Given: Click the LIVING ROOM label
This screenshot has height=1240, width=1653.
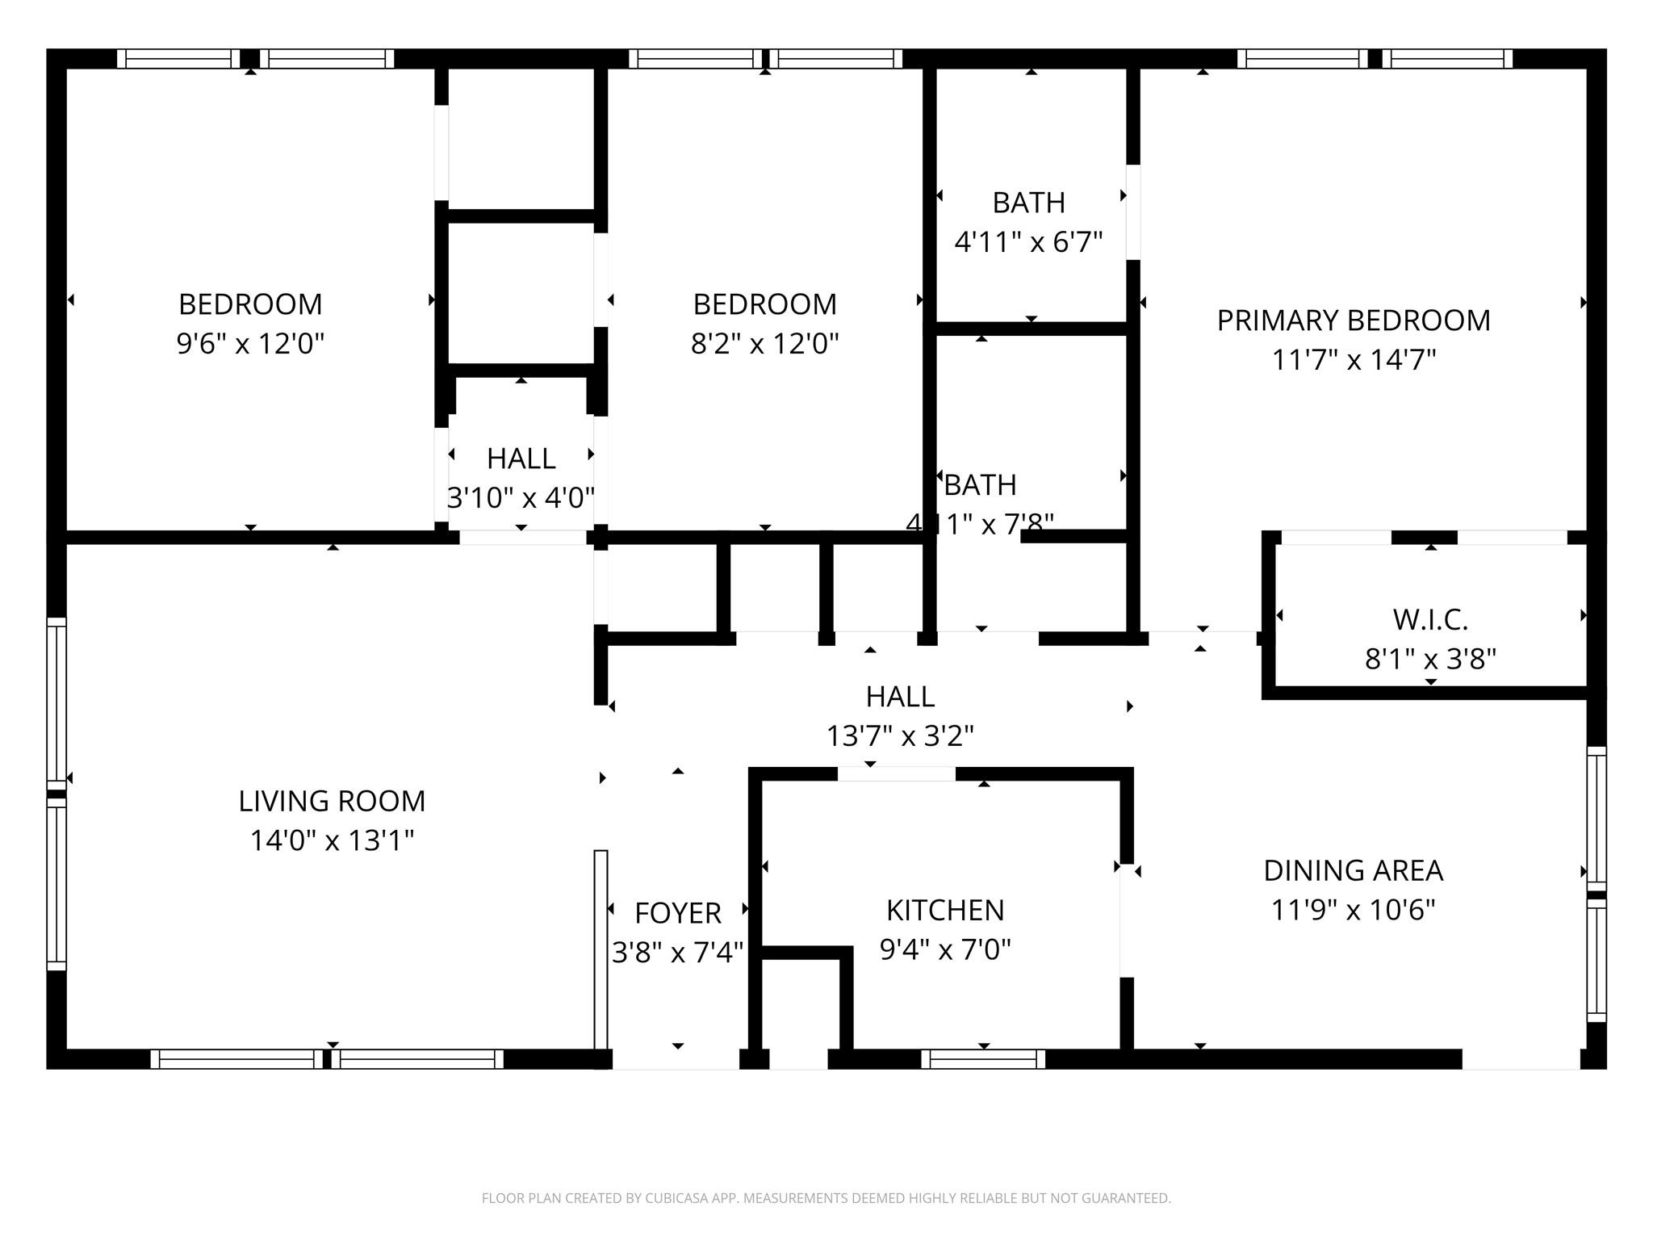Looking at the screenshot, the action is [x=332, y=801].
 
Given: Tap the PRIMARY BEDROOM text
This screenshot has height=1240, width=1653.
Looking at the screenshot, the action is [x=1354, y=320].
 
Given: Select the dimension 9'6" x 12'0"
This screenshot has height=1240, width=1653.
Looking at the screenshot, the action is [x=250, y=344].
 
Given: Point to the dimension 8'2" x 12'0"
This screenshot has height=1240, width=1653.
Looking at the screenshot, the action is [x=764, y=344].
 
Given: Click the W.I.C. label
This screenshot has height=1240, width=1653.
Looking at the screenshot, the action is [x=1430, y=620].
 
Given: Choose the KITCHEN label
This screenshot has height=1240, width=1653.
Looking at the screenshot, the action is [x=945, y=911].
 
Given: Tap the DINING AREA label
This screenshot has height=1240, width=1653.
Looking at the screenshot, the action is [x=1353, y=871].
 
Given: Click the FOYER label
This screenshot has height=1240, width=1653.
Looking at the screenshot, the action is [x=678, y=913].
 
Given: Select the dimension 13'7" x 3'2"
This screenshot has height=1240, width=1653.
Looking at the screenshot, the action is [x=900, y=736].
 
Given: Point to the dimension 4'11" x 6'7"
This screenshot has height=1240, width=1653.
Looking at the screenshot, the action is [x=1028, y=241].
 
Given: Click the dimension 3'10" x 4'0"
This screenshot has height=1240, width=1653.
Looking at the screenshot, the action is [x=521, y=498].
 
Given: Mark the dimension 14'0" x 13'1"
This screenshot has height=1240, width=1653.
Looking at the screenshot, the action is [x=332, y=840].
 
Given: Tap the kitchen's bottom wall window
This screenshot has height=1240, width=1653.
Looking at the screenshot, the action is [x=983, y=1058].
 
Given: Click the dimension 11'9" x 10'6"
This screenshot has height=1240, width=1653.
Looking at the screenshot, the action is [x=1353, y=911].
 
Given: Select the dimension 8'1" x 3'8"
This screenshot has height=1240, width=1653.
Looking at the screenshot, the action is [x=1430, y=660].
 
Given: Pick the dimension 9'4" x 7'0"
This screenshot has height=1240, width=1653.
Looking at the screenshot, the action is [x=945, y=950].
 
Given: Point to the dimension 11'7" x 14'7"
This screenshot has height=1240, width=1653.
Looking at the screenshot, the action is [x=1354, y=360].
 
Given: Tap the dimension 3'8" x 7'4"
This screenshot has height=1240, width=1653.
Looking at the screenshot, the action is [x=678, y=953].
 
